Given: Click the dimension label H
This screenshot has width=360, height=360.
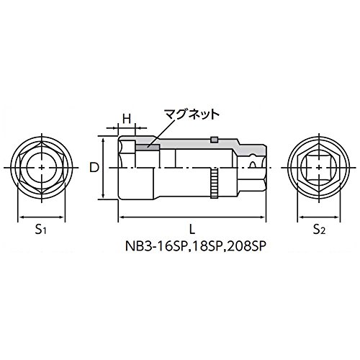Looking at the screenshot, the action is [x=126, y=119].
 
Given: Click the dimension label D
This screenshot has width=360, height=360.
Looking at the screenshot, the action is [x=94, y=168].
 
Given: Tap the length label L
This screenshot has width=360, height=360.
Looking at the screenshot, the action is [x=192, y=230].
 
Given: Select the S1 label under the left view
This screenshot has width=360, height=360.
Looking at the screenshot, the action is [x=41, y=230].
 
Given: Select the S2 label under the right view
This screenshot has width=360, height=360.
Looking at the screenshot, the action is [x=319, y=230].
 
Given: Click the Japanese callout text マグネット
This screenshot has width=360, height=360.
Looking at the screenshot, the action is [x=192, y=115].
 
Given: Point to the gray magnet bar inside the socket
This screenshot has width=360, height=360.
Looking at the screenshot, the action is [x=148, y=147].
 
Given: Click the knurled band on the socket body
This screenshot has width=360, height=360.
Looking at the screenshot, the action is [x=215, y=183].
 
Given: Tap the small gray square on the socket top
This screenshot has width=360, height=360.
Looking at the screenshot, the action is [x=214, y=140].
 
